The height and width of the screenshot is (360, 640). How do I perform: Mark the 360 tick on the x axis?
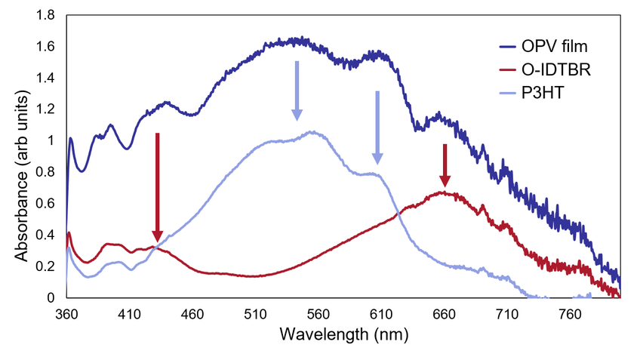66,312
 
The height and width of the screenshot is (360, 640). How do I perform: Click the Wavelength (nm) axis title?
343,333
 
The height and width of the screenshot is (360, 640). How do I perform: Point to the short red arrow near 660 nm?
445,165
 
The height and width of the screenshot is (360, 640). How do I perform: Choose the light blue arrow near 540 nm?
297,91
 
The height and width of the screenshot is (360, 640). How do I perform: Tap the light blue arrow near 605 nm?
377,128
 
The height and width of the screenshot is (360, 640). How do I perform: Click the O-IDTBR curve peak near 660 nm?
445,193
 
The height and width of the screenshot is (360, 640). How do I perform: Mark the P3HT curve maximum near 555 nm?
311,132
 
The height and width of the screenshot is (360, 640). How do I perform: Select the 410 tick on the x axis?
129,312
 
